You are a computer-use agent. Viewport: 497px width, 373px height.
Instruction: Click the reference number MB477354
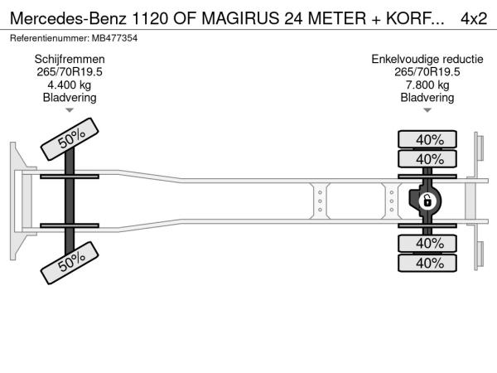[x=114, y=38]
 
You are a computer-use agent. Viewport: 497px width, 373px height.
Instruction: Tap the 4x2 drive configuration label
[x=474, y=18]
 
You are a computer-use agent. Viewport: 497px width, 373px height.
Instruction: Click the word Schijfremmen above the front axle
[x=70, y=60]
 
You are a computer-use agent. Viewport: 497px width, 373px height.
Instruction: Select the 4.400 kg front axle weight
[x=69, y=85]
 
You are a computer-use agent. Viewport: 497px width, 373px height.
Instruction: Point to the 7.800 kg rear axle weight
[x=427, y=85]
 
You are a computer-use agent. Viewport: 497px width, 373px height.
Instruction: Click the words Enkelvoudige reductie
[x=427, y=60]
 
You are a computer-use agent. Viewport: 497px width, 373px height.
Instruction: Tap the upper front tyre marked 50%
[x=70, y=139]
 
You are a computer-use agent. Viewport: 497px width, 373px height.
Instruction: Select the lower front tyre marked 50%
[x=70, y=263]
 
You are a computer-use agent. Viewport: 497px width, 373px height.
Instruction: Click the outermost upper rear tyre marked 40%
[x=427, y=139]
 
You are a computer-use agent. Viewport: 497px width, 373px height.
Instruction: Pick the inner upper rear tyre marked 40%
[x=427, y=159]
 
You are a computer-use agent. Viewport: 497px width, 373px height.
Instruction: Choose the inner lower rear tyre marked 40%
[x=427, y=244]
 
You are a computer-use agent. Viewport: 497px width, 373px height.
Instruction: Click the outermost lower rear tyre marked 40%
[x=427, y=263]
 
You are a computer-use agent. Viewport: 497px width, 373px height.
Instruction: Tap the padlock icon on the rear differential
[x=427, y=201]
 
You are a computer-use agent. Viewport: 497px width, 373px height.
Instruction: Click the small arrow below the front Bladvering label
[x=70, y=110]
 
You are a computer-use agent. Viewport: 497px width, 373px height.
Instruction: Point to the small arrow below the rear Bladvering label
[x=427, y=110]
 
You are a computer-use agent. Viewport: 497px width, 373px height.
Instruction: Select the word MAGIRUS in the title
[x=241, y=18]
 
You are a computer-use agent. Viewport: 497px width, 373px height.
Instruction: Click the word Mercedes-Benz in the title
[x=68, y=18]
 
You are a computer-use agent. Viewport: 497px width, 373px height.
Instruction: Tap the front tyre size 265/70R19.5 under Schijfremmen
[x=70, y=72]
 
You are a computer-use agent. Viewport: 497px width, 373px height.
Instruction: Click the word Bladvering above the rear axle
[x=427, y=98]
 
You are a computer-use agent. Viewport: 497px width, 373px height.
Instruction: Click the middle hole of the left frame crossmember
[x=320, y=201]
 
